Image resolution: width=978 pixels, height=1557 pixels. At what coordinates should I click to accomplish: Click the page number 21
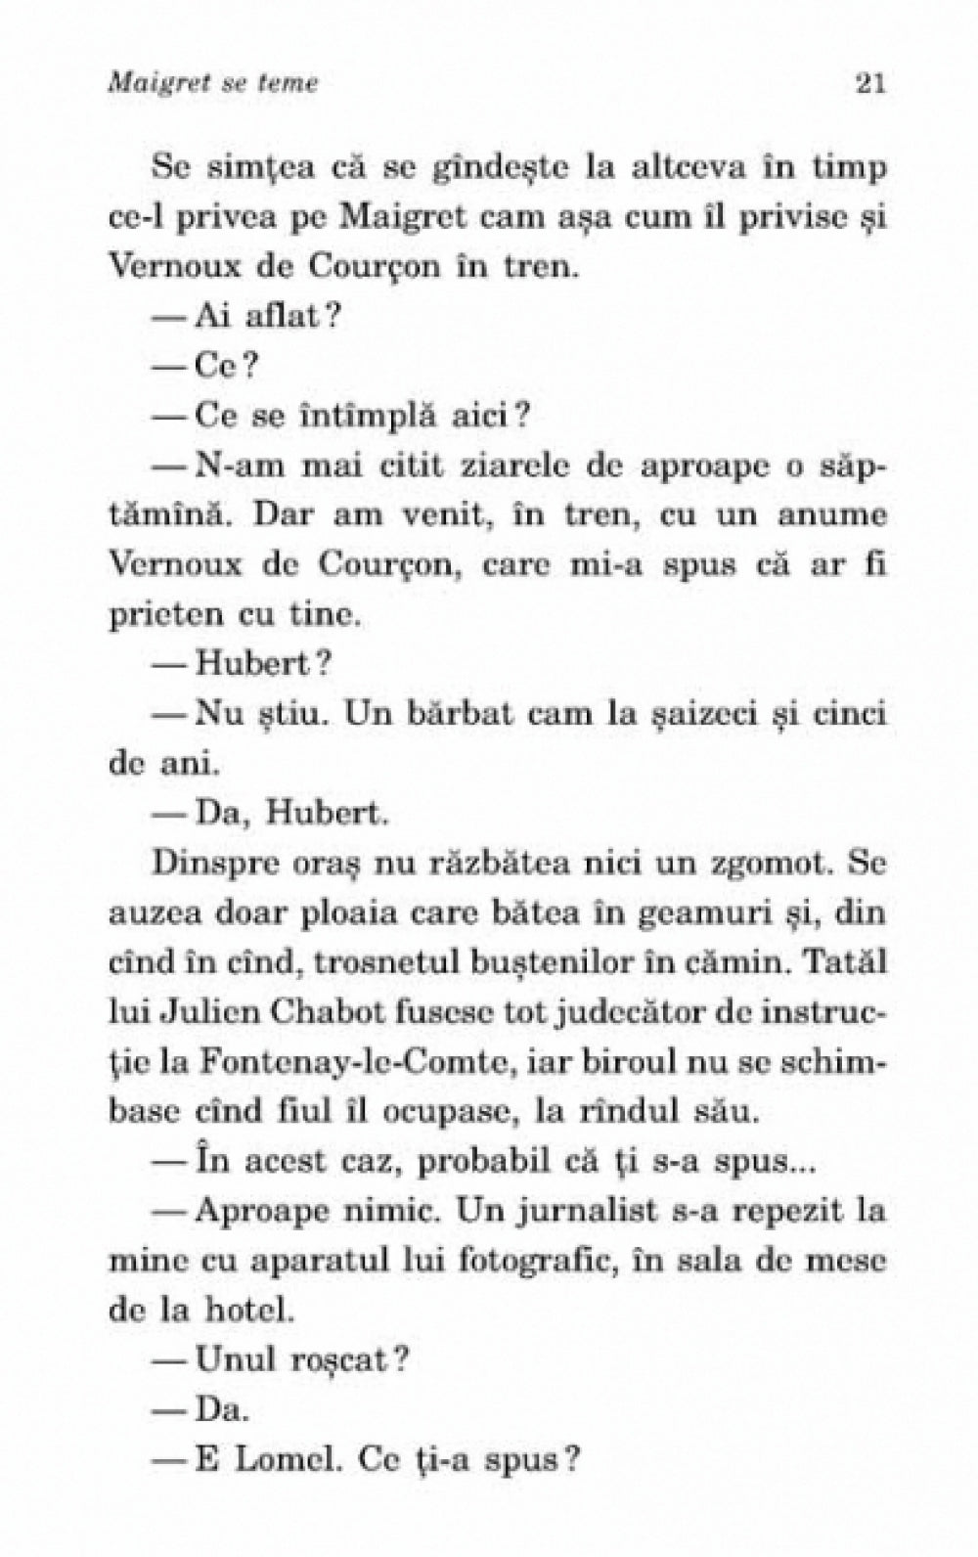click(869, 84)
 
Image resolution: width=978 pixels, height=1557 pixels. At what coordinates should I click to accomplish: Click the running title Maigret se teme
click(214, 84)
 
